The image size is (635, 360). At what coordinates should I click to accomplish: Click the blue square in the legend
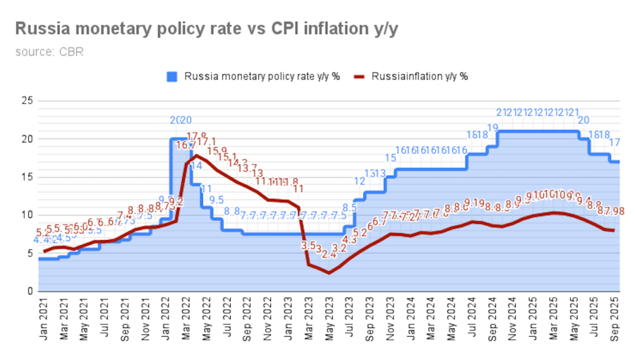coord(171,76)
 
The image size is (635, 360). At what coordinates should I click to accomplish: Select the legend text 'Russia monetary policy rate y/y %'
coord(262,76)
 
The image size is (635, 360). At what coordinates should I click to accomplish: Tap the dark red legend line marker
coord(360,76)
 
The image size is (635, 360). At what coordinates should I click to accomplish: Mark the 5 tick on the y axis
coord(28,253)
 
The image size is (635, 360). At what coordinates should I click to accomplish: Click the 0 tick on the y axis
coord(28,291)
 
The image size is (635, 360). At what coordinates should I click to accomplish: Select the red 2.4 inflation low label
coord(328,255)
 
